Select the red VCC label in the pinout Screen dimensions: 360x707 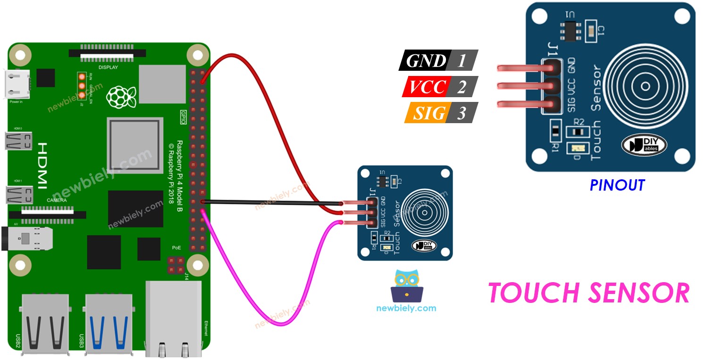coord(427,87)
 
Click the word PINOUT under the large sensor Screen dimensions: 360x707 coord(617,185)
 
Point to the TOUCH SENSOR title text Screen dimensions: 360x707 coord(589,293)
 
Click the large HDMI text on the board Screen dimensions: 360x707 coord(42,166)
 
